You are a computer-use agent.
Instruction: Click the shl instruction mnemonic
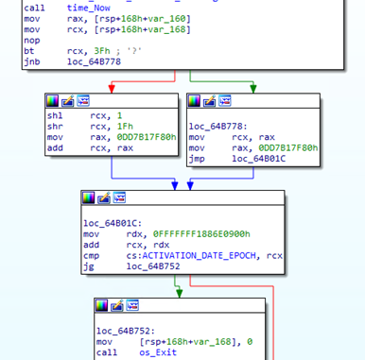[55, 114]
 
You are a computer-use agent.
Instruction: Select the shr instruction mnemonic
[55, 126]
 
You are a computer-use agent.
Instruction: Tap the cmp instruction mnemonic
[92, 256]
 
